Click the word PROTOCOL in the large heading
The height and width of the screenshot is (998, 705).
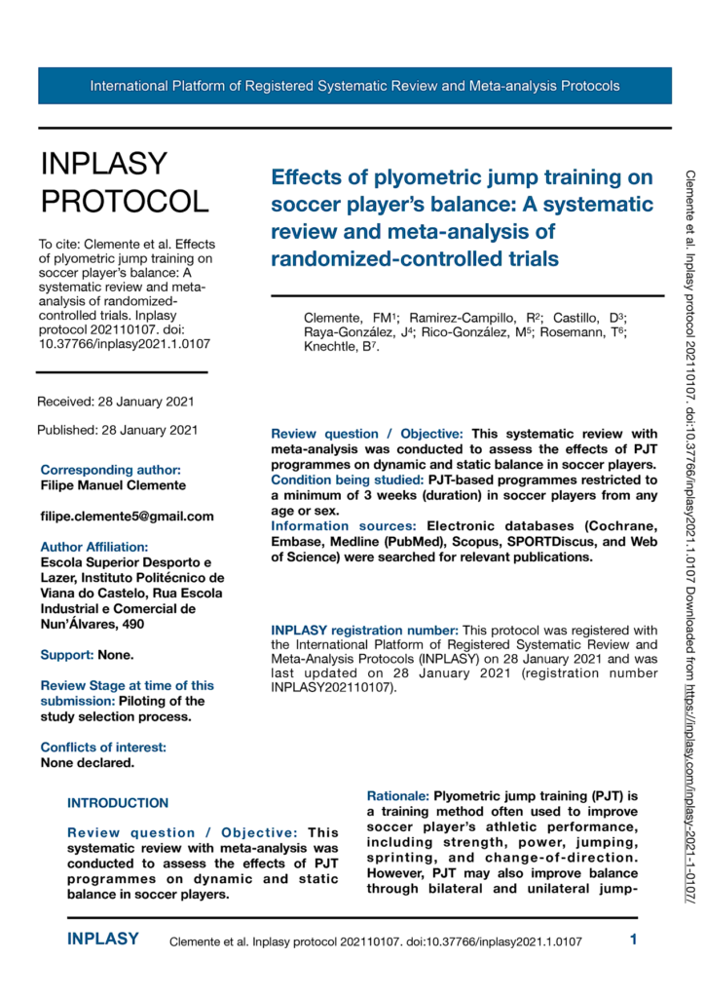pos(124,201)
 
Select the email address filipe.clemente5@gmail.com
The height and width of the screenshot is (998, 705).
pos(127,516)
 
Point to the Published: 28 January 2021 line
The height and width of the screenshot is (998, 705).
pos(117,430)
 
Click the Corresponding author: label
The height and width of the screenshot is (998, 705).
pos(110,470)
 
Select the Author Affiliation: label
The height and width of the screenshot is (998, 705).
pos(94,547)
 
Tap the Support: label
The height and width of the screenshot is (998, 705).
pos(66,654)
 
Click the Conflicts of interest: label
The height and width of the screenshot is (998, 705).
pos(103,748)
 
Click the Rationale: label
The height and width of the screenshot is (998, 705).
pos(398,796)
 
